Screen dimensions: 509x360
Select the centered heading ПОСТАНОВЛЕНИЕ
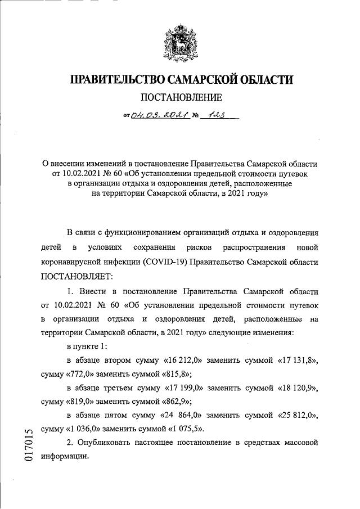tap(180, 98)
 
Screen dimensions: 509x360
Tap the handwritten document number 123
tap(215, 116)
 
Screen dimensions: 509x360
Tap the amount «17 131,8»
tap(298, 359)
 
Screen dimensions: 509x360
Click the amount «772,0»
tap(83, 373)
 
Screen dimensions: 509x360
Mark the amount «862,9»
tap(173, 402)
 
